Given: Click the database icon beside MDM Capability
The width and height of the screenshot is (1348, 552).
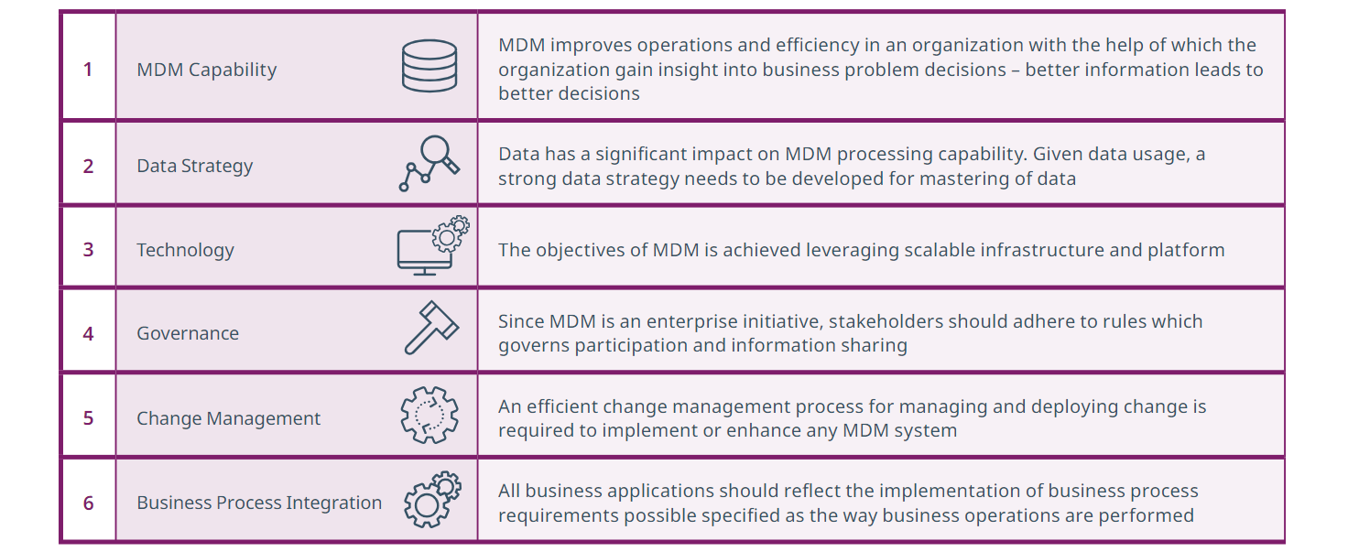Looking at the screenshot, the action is [429, 66].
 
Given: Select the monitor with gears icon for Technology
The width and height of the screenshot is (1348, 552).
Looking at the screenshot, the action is [433, 245].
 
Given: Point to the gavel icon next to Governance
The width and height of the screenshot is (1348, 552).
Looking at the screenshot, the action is [431, 328].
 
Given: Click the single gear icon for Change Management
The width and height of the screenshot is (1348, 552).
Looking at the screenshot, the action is [429, 415].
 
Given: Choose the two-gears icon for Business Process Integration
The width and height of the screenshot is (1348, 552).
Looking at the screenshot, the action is [432, 500].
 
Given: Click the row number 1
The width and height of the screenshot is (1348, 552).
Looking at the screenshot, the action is [88, 70].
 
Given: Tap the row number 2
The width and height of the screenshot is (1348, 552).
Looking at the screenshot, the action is [88, 166].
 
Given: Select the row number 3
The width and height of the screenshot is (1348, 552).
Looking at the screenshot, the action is [88, 250].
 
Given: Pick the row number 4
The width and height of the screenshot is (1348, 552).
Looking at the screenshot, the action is [88, 334].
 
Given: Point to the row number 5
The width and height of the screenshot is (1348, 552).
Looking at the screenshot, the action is [88, 418].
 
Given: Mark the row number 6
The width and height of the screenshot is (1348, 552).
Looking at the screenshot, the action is [88, 503].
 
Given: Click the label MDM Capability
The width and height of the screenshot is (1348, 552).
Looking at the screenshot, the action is [206, 70].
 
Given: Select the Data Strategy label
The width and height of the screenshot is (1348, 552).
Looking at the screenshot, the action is [194, 167].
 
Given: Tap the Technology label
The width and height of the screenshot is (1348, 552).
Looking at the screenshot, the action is [185, 251].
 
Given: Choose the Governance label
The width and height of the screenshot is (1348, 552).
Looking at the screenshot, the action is [188, 334].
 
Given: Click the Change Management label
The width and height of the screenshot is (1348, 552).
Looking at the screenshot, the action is [228, 419].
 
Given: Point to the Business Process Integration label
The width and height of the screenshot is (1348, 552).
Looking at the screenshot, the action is [259, 503].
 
